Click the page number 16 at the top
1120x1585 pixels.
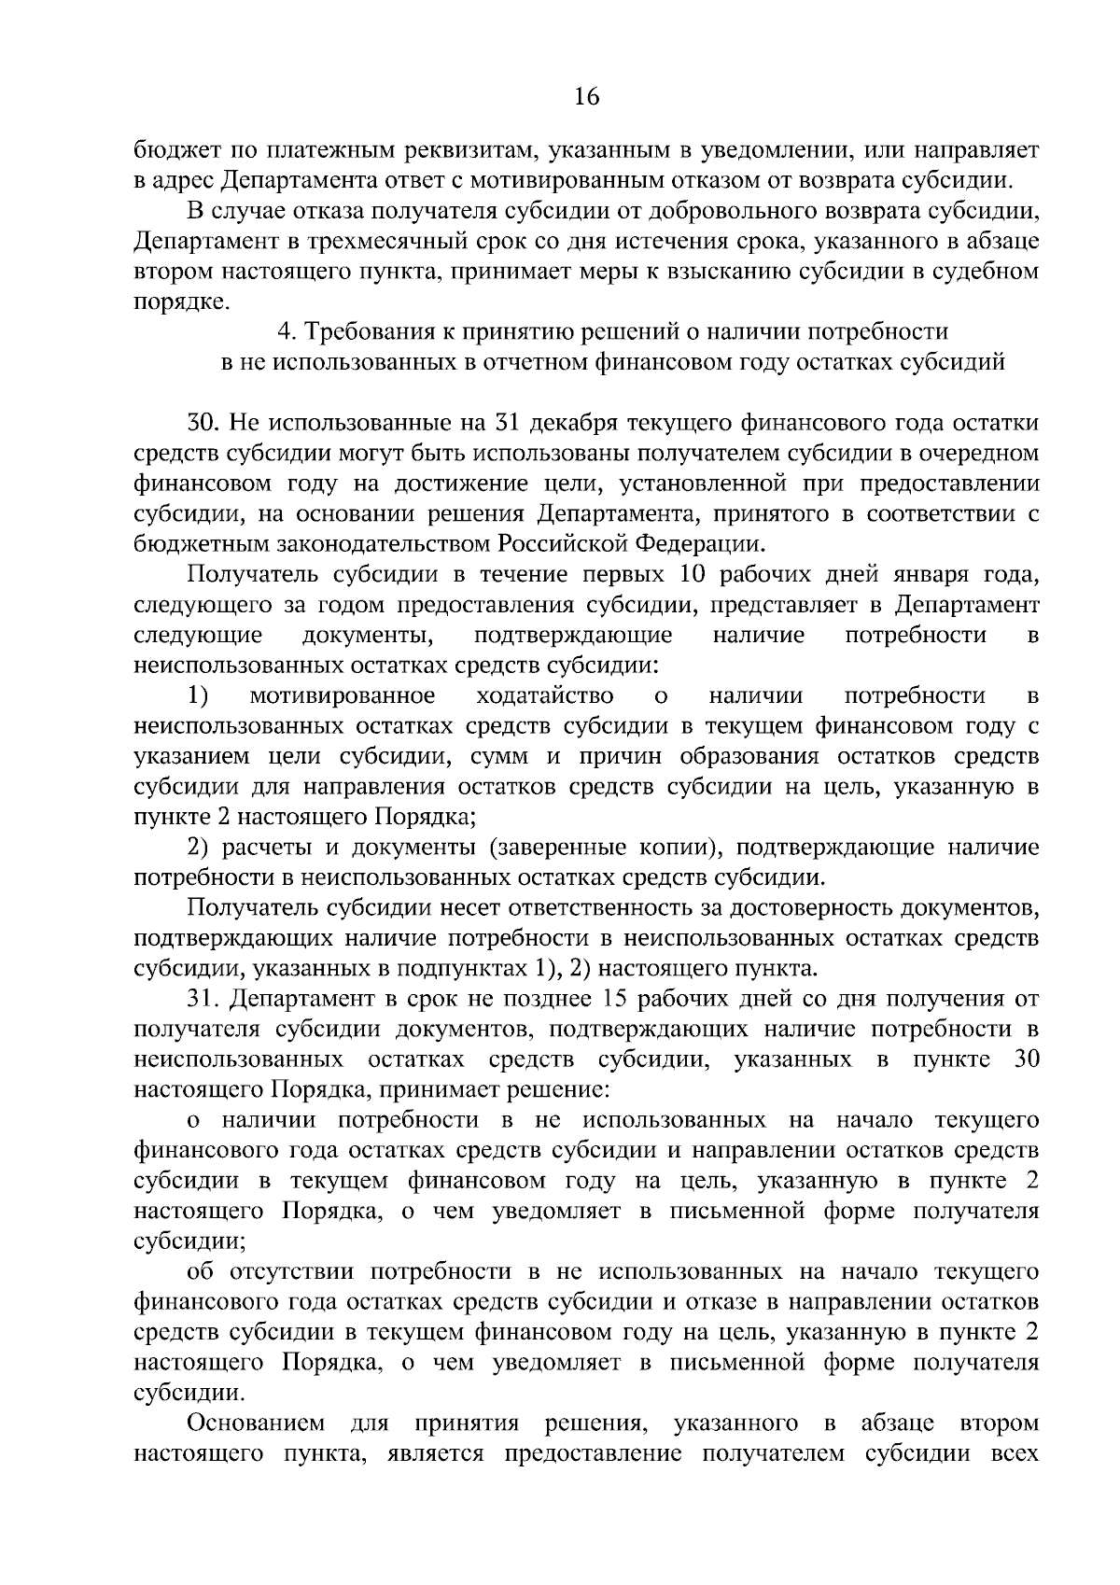click(x=587, y=97)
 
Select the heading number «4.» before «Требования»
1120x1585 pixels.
click(x=287, y=332)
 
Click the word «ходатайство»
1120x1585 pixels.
click(x=544, y=695)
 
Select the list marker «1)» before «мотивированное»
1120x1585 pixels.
click(x=198, y=695)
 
